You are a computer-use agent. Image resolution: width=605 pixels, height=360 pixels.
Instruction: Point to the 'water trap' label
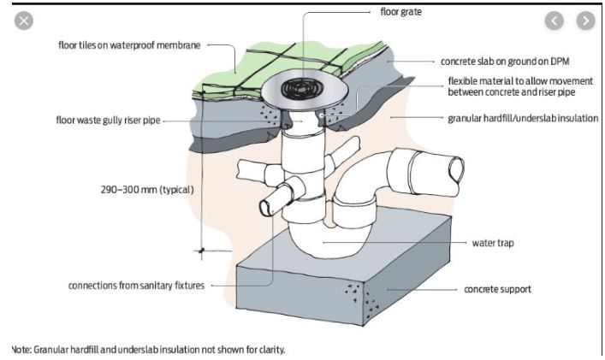click(x=493, y=243)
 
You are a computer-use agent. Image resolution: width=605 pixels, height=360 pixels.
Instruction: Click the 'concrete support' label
click(x=497, y=289)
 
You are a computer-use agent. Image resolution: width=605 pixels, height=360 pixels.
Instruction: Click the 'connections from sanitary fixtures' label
click(x=136, y=285)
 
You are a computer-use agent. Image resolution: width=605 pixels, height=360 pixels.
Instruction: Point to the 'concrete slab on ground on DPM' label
click(x=505, y=62)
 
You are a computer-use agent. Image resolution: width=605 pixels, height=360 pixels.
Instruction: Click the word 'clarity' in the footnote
click(x=266, y=349)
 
